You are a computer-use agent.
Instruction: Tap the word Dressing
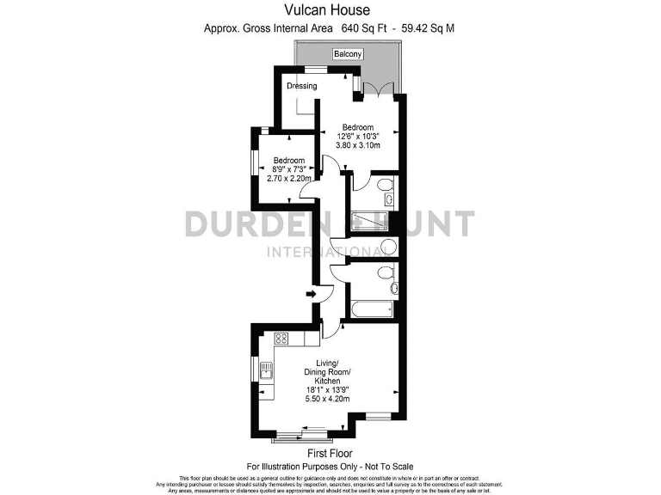(302, 86)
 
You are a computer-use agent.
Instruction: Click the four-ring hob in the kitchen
(280, 339)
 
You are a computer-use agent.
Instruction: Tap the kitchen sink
(267, 372)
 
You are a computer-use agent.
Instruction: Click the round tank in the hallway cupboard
(388, 247)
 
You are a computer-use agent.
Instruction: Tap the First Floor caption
(330, 453)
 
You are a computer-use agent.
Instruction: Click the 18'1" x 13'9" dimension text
(327, 390)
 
